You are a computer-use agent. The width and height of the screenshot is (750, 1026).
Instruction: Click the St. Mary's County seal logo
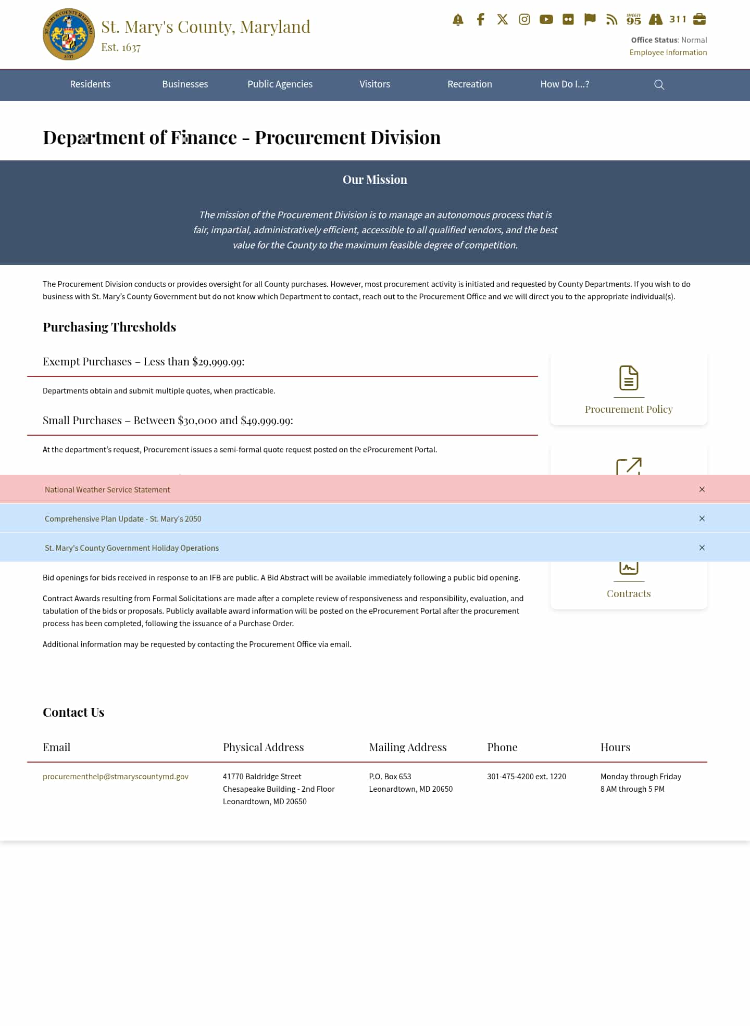coord(69,34)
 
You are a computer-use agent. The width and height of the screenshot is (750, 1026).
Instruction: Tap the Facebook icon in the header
coord(480,20)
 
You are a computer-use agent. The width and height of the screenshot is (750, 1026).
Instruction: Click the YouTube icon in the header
coord(546,20)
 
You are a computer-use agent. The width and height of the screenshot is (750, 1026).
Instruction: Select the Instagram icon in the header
coord(524,20)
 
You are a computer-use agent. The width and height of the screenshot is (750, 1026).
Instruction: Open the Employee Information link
coord(668,53)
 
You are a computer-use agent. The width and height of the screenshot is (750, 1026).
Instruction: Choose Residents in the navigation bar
coord(90,84)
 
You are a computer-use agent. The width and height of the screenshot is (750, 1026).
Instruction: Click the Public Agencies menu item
coord(280,84)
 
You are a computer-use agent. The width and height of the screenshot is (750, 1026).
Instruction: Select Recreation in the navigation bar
coord(469,84)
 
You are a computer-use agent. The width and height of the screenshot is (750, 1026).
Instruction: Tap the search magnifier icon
coord(659,85)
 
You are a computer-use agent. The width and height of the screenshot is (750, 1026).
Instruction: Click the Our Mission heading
coord(374,180)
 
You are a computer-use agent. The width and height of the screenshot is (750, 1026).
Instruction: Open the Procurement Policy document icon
coord(629,378)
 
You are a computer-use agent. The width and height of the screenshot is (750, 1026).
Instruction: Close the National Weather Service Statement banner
coord(702,489)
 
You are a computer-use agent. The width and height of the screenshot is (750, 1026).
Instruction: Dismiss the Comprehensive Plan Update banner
coord(702,518)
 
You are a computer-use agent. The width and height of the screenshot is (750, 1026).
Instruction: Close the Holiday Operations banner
coord(702,548)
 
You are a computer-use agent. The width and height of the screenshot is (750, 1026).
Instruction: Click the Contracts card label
coord(628,594)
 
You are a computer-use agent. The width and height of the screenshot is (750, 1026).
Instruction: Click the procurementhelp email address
coord(116,777)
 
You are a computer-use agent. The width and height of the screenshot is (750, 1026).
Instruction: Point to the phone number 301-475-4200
coord(526,777)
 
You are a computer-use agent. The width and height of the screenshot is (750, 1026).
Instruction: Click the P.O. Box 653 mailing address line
coord(390,777)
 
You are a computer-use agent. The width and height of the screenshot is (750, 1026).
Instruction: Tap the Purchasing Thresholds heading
coord(109,327)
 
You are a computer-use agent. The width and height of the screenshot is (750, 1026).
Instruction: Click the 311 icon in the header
coord(678,20)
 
